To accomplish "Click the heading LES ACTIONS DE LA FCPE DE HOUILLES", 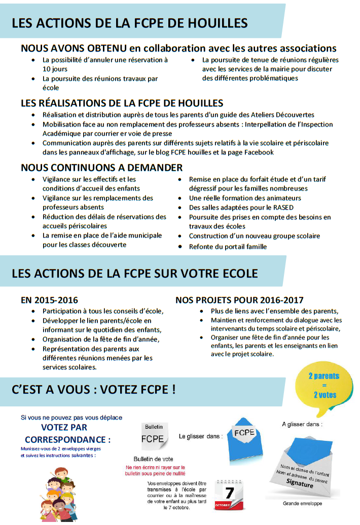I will pyautogui.click(x=129, y=23).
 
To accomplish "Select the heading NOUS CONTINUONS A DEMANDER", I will pyautogui.click(x=101, y=167).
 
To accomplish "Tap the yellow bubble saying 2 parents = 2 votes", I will pyautogui.click(x=324, y=386).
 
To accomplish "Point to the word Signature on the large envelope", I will pyautogui.click(x=300, y=484).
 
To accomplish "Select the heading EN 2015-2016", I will pyautogui.click(x=49, y=300).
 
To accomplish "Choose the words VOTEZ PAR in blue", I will pyautogui.click(x=64, y=428).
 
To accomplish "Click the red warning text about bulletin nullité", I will pyautogui.click(x=155, y=470).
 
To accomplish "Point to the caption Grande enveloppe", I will pyautogui.click(x=302, y=504).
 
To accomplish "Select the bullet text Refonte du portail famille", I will pyautogui.click(x=228, y=247).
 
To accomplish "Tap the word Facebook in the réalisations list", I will pyautogui.click(x=257, y=152).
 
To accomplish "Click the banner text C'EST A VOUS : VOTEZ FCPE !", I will pyautogui.click(x=94, y=390).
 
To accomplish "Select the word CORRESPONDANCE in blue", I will pyautogui.click(x=67, y=439).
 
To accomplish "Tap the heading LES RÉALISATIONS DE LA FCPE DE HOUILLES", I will pyautogui.click(x=122, y=103).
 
